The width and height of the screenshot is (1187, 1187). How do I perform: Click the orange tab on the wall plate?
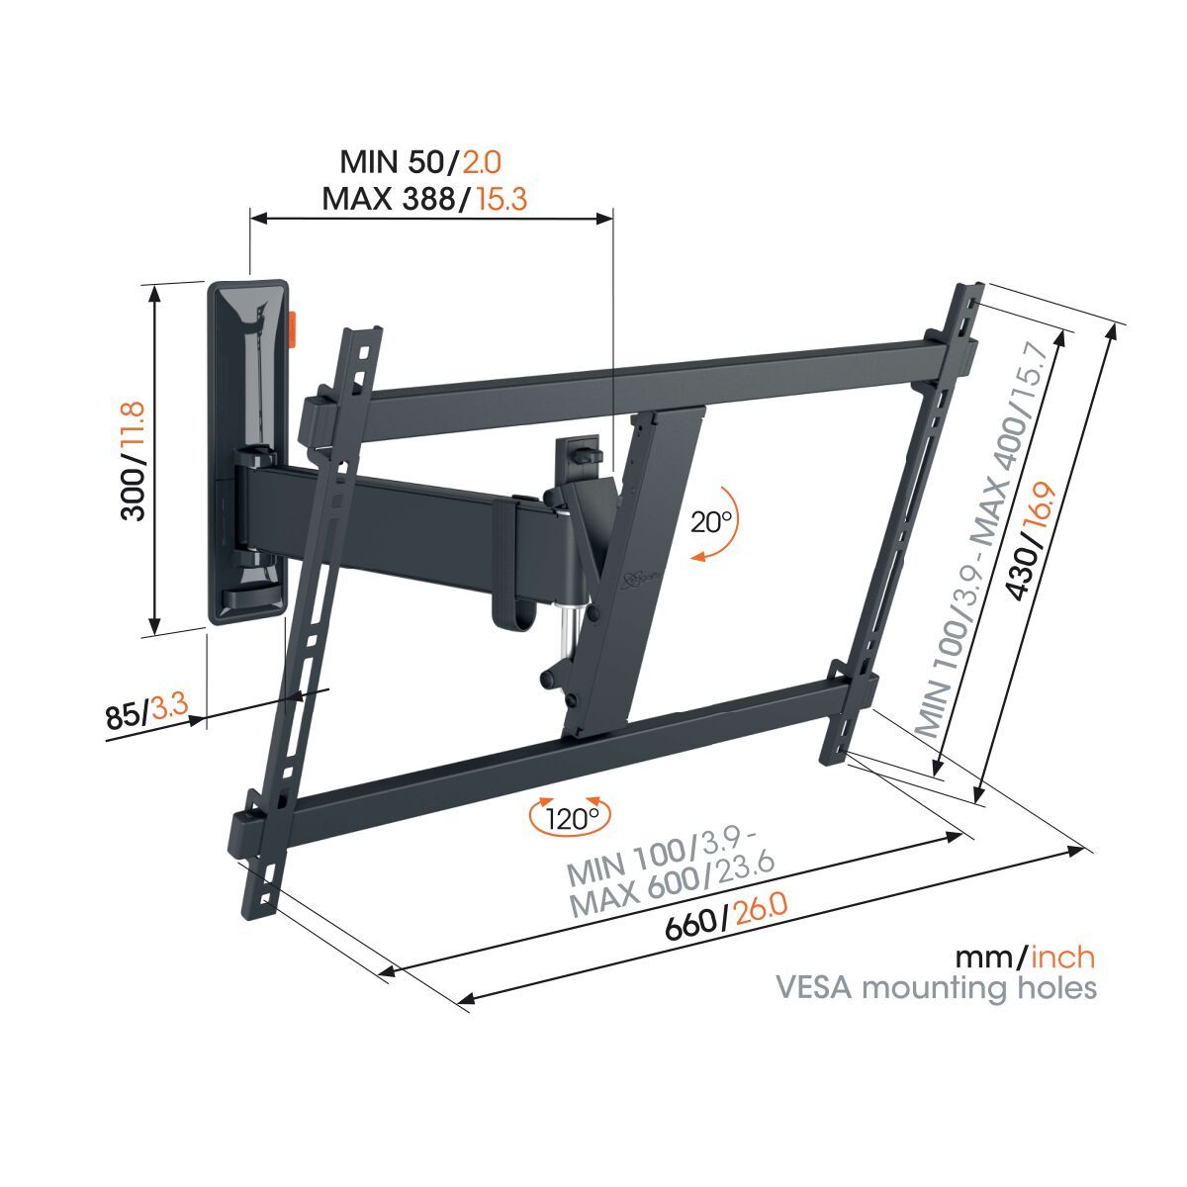point(294,329)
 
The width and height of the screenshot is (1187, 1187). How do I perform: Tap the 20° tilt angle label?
point(711,522)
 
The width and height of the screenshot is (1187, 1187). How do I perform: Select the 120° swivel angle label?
point(573,819)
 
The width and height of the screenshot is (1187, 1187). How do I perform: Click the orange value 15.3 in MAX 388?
point(502,199)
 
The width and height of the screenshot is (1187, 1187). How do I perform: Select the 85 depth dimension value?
point(125,715)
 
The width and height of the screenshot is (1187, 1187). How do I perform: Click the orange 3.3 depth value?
point(171,707)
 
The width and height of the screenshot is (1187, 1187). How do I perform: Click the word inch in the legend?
point(1062,957)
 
